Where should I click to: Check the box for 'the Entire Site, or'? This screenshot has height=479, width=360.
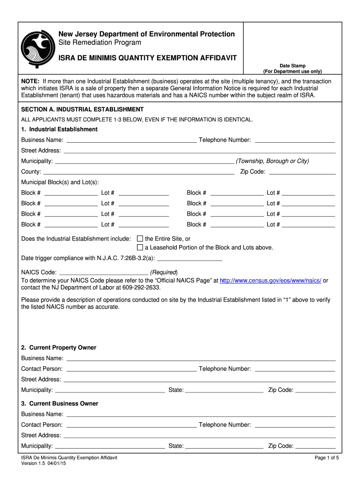[139, 239]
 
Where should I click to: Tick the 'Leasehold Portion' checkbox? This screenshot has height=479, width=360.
[139, 247]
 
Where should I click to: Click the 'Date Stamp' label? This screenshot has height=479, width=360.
[292, 66]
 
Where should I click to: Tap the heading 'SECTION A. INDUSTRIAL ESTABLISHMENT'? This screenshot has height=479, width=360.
[82, 109]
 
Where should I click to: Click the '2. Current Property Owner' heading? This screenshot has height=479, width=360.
[59, 348]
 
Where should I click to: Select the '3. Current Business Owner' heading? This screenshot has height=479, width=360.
[60, 403]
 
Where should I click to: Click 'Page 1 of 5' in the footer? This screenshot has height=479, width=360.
[327, 458]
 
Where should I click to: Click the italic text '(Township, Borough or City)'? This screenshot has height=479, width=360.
[273, 161]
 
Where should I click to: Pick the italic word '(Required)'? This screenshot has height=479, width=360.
[164, 272]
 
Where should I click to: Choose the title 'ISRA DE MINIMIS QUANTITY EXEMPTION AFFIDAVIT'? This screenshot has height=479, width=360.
[147, 58]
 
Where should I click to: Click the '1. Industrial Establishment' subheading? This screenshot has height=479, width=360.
[59, 129]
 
